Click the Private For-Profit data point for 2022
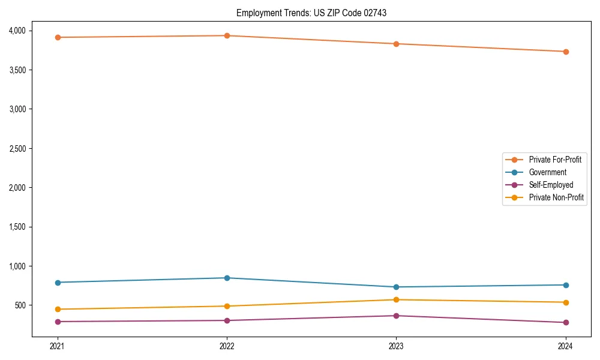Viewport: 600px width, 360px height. (x=227, y=36)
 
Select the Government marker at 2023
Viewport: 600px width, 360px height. (x=396, y=287)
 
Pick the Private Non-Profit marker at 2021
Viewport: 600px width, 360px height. (x=58, y=310)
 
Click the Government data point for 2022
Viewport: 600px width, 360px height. (x=227, y=278)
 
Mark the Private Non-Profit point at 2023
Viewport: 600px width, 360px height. (x=396, y=300)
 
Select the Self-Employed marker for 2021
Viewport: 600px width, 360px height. (x=58, y=322)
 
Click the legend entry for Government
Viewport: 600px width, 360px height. (x=547, y=172)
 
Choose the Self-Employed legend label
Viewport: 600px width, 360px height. (x=551, y=185)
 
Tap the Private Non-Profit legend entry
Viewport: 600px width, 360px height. (x=556, y=197)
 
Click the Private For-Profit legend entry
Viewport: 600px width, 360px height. (x=555, y=160)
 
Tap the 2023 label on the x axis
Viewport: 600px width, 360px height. (x=396, y=346)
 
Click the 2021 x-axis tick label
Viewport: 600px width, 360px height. (x=58, y=346)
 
